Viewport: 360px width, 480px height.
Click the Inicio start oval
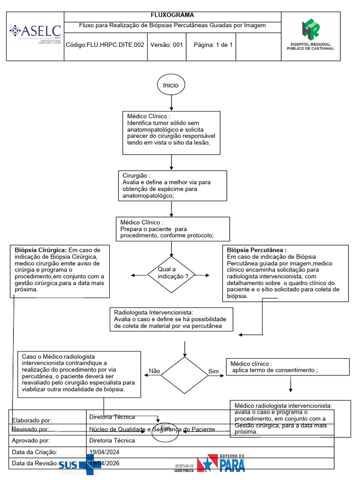[171, 85]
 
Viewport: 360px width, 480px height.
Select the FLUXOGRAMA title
[172, 15]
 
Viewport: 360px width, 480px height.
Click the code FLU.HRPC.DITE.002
[105, 45]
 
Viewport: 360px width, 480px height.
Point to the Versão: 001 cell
[166, 45]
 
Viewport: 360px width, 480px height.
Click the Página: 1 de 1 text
[213, 45]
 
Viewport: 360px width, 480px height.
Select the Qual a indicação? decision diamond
[171, 274]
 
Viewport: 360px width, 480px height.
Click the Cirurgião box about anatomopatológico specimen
[173, 185]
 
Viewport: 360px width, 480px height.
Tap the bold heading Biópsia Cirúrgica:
[41, 250]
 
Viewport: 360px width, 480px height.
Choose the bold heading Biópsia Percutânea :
[256, 250]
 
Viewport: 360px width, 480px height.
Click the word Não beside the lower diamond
[154, 371]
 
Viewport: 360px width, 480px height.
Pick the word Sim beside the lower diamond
[213, 372]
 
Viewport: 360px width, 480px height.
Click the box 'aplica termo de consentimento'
[288, 367]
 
